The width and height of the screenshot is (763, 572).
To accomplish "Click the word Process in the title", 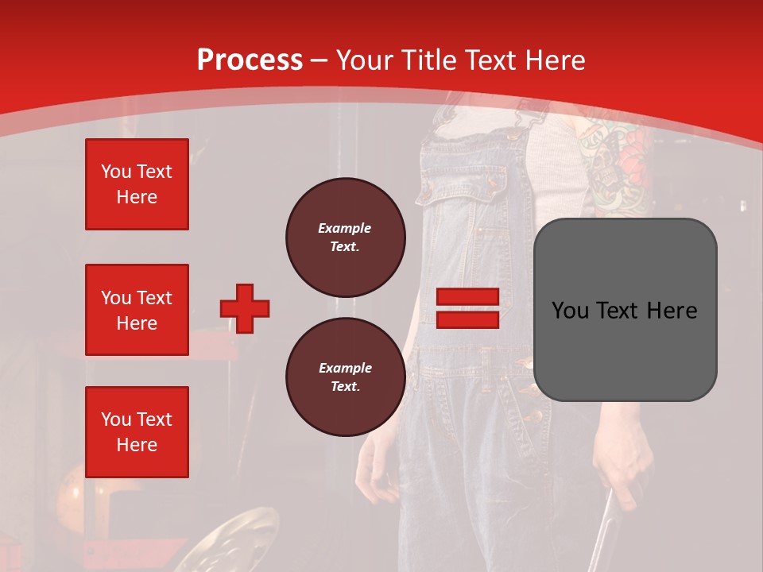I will point(250,60).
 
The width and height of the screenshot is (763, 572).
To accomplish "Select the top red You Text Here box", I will point(137,184).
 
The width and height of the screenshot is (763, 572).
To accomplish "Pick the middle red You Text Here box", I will point(137,310).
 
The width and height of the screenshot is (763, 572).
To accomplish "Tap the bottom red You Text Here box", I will point(137,431).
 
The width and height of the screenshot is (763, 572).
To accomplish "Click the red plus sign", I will point(245,308).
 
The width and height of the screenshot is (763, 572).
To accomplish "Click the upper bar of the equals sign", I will point(467,297).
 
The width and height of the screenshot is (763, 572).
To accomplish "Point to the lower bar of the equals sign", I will point(467,319).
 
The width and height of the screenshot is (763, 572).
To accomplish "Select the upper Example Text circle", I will point(345,237).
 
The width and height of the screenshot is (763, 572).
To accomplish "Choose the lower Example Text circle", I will point(345,377).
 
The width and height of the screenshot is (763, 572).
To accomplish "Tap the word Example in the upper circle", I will point(345,228).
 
